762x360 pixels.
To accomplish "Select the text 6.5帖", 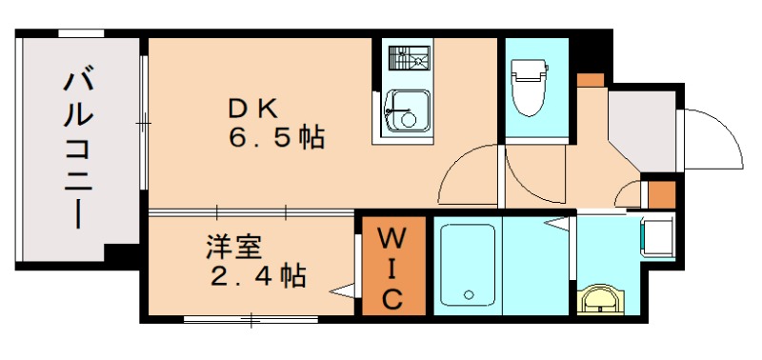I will point(276,138).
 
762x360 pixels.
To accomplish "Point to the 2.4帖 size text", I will point(257,276).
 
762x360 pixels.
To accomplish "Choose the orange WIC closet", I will point(391,267).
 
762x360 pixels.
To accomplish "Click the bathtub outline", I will point(466,266).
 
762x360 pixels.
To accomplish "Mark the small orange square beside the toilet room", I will point(591,79).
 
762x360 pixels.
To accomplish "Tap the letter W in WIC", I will point(391,235).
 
